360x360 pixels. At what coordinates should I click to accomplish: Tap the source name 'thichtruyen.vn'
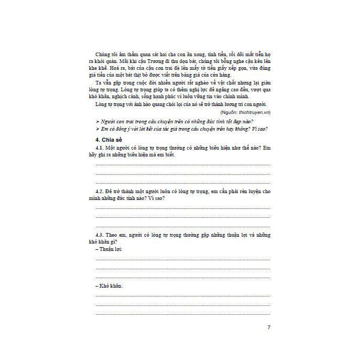click(x=253, y=112)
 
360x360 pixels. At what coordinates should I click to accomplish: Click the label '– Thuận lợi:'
click(x=109, y=249)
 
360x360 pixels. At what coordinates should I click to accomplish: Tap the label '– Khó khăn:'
click(x=109, y=286)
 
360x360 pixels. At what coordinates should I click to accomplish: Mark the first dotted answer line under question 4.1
click(x=183, y=165)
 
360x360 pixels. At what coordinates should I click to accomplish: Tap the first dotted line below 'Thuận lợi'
click(x=183, y=259)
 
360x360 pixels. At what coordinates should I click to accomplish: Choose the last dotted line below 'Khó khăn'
click(x=183, y=314)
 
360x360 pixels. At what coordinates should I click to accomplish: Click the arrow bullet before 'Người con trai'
click(x=97, y=121)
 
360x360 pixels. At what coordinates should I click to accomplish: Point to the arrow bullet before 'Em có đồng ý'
click(x=97, y=129)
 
